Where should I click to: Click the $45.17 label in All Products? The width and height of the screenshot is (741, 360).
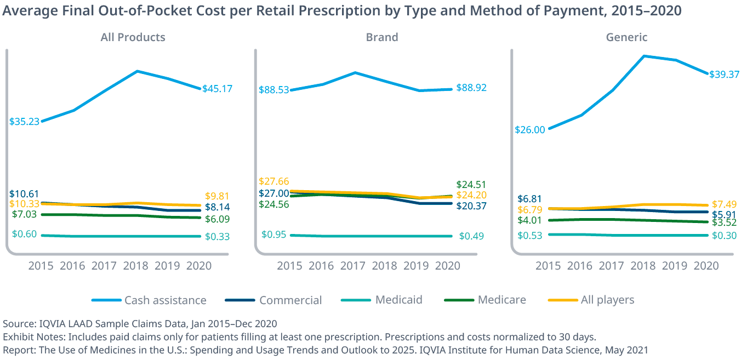(x=218, y=88)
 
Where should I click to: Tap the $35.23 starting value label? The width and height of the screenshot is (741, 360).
(x=24, y=122)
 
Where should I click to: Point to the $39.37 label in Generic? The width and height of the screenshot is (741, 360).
(x=724, y=74)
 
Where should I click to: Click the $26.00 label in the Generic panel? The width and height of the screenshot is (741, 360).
(x=530, y=130)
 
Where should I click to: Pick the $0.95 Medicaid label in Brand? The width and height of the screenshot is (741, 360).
(x=274, y=235)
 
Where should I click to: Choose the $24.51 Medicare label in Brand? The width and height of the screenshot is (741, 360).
(x=471, y=185)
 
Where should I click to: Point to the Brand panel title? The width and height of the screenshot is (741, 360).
(x=382, y=37)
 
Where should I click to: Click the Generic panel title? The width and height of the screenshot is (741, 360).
(x=626, y=37)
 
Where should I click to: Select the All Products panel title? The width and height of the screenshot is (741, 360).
(x=133, y=37)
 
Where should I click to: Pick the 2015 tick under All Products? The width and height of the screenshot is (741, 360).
(x=41, y=266)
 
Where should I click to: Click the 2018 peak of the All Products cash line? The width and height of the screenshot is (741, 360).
(x=137, y=71)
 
